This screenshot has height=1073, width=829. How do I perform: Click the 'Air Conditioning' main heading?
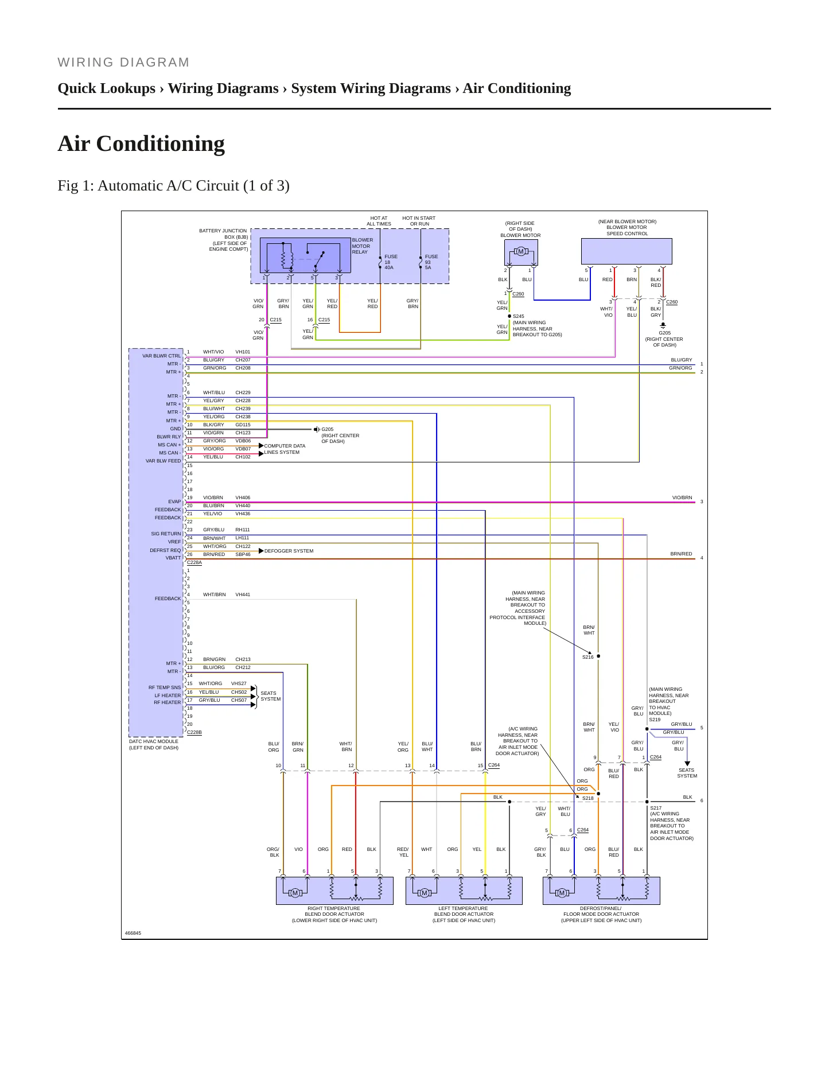pos(141,144)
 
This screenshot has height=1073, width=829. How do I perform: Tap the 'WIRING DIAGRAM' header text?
pos(123,63)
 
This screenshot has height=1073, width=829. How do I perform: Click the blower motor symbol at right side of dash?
pos(521,251)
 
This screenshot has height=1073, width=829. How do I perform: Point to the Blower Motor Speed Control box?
pos(626,251)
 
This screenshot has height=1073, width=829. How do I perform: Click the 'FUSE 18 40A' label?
pos(391,262)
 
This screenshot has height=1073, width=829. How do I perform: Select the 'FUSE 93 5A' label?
pos(431,262)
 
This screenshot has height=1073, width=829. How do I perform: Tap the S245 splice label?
pos(518,316)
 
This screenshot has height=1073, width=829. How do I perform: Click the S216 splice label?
pos(588,657)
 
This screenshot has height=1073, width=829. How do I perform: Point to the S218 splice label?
pos(588,798)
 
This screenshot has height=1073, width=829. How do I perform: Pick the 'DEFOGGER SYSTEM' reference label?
pos(289,551)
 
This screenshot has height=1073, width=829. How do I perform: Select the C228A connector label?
pos(194,563)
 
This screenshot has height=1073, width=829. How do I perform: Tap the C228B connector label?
pos(194,733)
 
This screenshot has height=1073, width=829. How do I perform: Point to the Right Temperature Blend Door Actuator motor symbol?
pos(295,893)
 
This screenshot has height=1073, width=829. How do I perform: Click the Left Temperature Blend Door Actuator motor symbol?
pos(425,893)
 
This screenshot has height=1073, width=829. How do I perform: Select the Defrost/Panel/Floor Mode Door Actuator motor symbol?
pos(562,893)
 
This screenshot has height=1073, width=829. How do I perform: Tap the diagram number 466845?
pos(133,933)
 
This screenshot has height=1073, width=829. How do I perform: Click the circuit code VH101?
pos(243,352)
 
